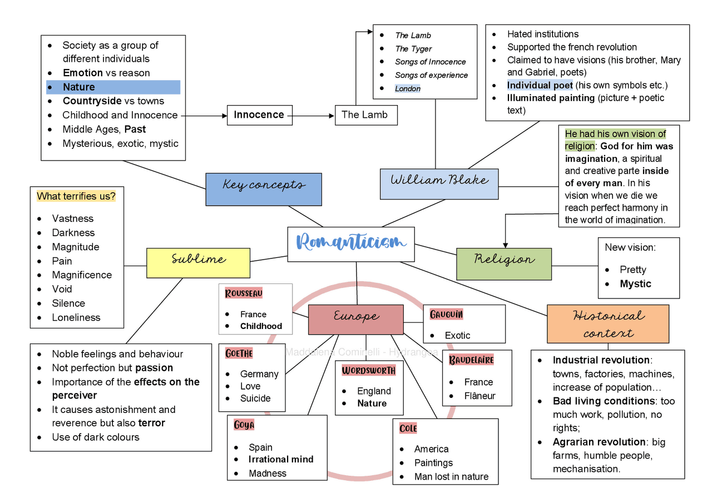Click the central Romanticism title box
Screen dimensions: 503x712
click(x=351, y=243)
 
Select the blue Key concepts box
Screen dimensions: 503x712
click(x=263, y=189)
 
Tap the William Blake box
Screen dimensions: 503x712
click(x=439, y=184)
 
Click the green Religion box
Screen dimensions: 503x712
click(x=504, y=263)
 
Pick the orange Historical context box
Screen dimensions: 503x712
click(x=607, y=323)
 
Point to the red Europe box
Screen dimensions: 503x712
click(x=355, y=320)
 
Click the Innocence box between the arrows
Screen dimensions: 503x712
click(x=259, y=115)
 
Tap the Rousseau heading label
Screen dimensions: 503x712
click(x=244, y=293)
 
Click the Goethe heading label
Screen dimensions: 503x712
click(x=239, y=353)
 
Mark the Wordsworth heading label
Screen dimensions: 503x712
click(x=368, y=370)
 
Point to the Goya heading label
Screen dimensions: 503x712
click(x=244, y=425)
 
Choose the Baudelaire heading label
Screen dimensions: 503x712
click(x=471, y=360)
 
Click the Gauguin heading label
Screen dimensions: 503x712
click(x=446, y=315)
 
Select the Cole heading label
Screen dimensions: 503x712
click(x=408, y=428)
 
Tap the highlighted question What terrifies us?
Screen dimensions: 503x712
click(x=76, y=196)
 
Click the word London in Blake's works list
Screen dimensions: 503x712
click(x=408, y=88)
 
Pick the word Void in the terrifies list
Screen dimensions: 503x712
click(x=62, y=289)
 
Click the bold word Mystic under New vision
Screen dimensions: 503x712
click(x=635, y=283)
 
